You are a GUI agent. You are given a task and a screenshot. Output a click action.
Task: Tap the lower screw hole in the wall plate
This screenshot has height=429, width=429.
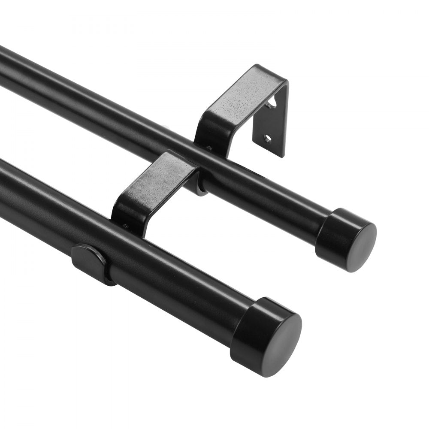(268, 139)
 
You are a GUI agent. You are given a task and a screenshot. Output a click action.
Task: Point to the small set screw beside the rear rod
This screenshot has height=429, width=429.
(209, 148)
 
